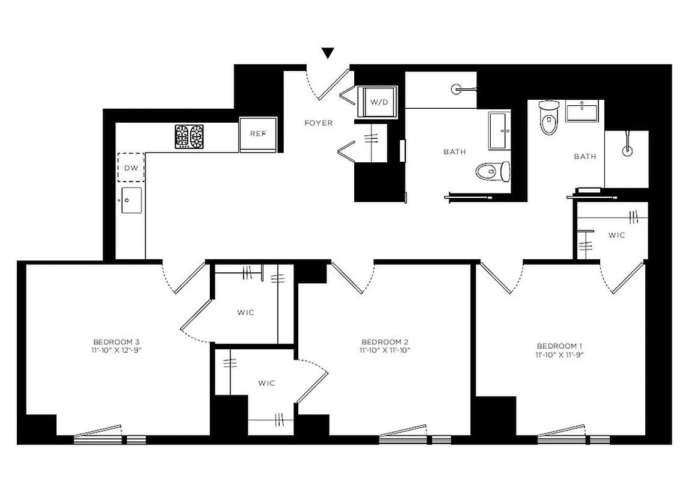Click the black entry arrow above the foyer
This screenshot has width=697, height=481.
pos(328,53)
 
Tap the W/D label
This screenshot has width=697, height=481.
pos(378,102)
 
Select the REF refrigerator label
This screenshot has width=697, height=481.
pos(258,133)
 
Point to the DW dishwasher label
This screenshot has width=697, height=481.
pos(130,168)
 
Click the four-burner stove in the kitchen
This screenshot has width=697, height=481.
pos(189,136)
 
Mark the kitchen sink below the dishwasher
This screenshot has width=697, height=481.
pos(131,200)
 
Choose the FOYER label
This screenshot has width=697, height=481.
pos(318,123)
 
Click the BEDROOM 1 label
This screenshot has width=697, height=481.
pos(559,346)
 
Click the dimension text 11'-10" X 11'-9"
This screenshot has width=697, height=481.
pos(559,354)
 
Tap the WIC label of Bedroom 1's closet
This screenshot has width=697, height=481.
pos(616,235)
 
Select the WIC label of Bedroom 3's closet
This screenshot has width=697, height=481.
pos(245,312)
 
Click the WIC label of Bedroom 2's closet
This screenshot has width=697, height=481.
pos(266,383)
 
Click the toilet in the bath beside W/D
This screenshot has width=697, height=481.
pos(493,171)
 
